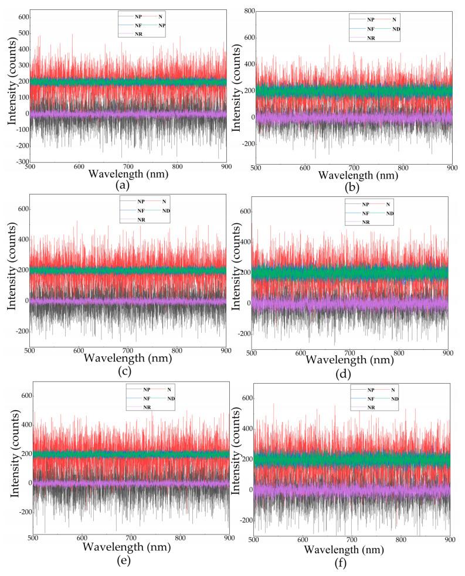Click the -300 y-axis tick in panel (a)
pos(22,162)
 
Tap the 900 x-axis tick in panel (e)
pos(229,537)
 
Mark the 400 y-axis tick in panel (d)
pos(245,241)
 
